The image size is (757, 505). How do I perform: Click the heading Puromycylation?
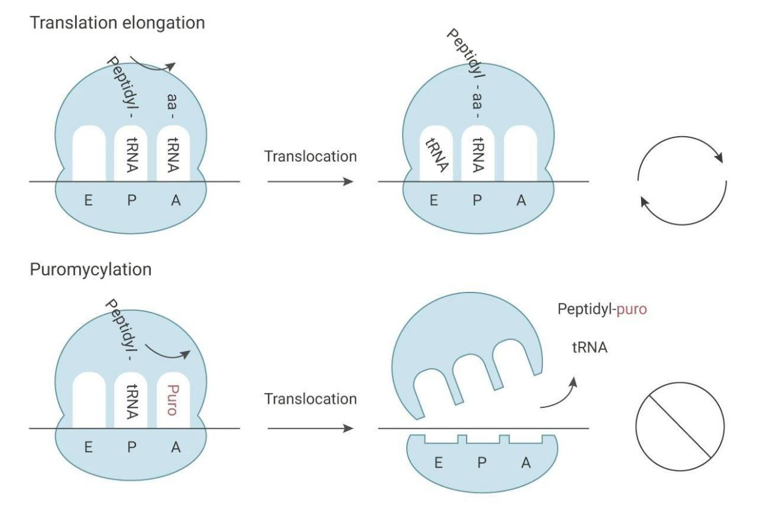91,269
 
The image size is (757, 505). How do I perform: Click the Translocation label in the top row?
310,156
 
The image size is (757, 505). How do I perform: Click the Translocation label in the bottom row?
310,399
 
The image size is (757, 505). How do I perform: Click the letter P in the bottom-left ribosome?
131,447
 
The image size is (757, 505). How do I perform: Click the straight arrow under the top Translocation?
310,181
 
